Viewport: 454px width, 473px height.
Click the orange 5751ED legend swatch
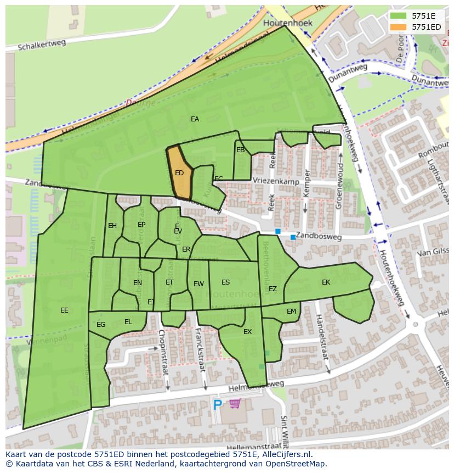399,27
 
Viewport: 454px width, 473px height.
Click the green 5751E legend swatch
399,16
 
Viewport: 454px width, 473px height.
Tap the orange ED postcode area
180,173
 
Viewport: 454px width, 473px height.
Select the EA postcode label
195,119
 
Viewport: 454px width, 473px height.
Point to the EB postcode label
240,150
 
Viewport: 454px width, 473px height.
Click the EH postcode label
112,226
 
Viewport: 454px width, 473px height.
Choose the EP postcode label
141,225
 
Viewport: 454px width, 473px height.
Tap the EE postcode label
64,310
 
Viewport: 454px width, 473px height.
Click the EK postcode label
326,282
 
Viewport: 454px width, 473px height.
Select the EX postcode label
247,332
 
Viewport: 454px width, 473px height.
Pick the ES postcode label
225,282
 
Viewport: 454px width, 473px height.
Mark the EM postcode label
291,311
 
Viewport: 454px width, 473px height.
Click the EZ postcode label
273,289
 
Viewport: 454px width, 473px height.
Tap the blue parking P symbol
218,405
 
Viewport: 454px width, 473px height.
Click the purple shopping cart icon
235,404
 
